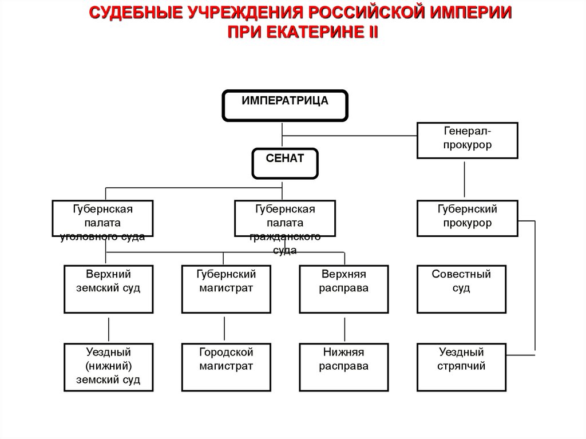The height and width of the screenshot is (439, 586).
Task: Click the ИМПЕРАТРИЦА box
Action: pyautogui.click(x=285, y=105)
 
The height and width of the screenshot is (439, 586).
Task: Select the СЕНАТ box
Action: pyautogui.click(x=285, y=164)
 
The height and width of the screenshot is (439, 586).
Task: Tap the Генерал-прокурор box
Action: pyautogui.click(x=467, y=140)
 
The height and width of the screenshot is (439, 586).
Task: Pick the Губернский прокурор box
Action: pyautogui.click(x=467, y=219)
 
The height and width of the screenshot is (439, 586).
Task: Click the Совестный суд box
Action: pyautogui.click(x=461, y=289)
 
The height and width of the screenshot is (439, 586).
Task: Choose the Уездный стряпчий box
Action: pyautogui.click(x=461, y=367)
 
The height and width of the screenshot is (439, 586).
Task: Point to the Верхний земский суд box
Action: pyautogui.click(x=108, y=289)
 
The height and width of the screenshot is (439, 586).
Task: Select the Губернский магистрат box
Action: pyautogui.click(x=226, y=289)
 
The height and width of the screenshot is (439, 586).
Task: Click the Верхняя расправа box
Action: pyautogui.click(x=344, y=289)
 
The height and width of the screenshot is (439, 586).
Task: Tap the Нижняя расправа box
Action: pyautogui.click(x=344, y=367)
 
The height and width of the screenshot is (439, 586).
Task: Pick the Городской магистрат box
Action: pyautogui.click(x=226, y=367)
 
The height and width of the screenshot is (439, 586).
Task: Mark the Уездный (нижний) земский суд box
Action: pyautogui.click(x=108, y=367)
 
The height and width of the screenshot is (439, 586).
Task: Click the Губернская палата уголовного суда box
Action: pyautogui.click(x=102, y=219)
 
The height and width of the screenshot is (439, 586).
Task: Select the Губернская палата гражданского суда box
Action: pyautogui.click(x=285, y=219)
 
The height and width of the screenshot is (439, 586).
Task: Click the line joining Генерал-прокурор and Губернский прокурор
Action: pyautogui.click(x=464, y=179)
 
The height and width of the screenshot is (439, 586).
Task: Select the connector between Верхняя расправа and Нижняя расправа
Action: pyautogui.click(x=345, y=330)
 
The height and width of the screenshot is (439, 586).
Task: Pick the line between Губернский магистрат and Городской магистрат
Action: pyautogui.click(x=224, y=329)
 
